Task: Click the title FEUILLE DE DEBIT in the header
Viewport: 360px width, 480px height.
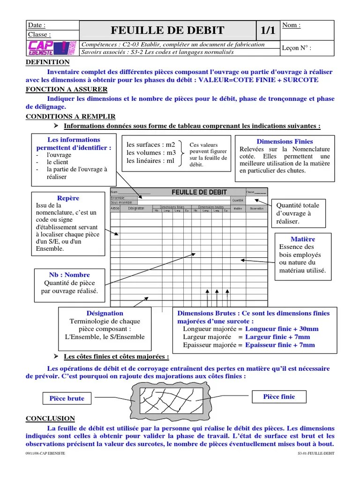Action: [167, 31]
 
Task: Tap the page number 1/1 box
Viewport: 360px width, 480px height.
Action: [267, 31]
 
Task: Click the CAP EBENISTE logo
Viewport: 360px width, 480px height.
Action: [52, 48]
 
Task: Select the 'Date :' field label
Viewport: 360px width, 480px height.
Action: [37, 25]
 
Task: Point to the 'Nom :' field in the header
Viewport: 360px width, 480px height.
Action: [292, 25]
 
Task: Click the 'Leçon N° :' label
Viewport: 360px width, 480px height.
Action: [296, 48]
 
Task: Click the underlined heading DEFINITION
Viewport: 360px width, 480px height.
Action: [47, 62]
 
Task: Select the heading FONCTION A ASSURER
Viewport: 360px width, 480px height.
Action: [66, 89]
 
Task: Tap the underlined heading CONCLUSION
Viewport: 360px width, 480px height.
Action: [50, 419]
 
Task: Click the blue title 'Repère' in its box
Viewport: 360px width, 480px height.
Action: [68, 198]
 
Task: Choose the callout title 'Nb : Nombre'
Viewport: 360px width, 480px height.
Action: [69, 275]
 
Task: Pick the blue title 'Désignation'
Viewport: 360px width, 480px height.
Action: [105, 313]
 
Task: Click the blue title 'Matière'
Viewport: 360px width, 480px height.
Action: [302, 239]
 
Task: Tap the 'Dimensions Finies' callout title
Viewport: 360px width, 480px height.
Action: [285, 142]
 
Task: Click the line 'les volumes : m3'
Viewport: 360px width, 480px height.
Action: [151, 153]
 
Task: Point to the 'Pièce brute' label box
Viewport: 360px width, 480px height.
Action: [67, 398]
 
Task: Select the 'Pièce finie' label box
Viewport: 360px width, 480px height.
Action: [279, 397]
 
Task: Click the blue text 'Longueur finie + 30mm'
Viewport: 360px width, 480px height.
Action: [282, 329]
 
